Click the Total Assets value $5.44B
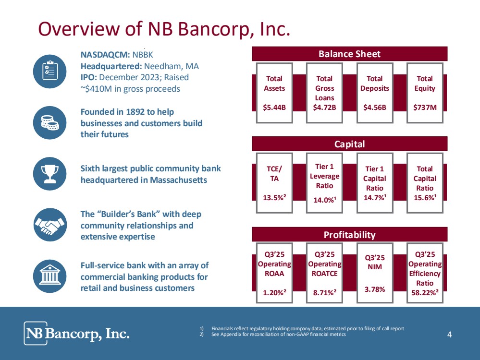274,107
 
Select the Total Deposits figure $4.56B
374,107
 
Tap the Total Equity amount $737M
425,107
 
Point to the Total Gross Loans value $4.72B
324,107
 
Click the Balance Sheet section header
349,54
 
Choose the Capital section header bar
349,144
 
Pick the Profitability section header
349,234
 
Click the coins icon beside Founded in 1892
50,123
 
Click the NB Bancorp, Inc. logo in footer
77,333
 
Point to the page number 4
449,335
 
